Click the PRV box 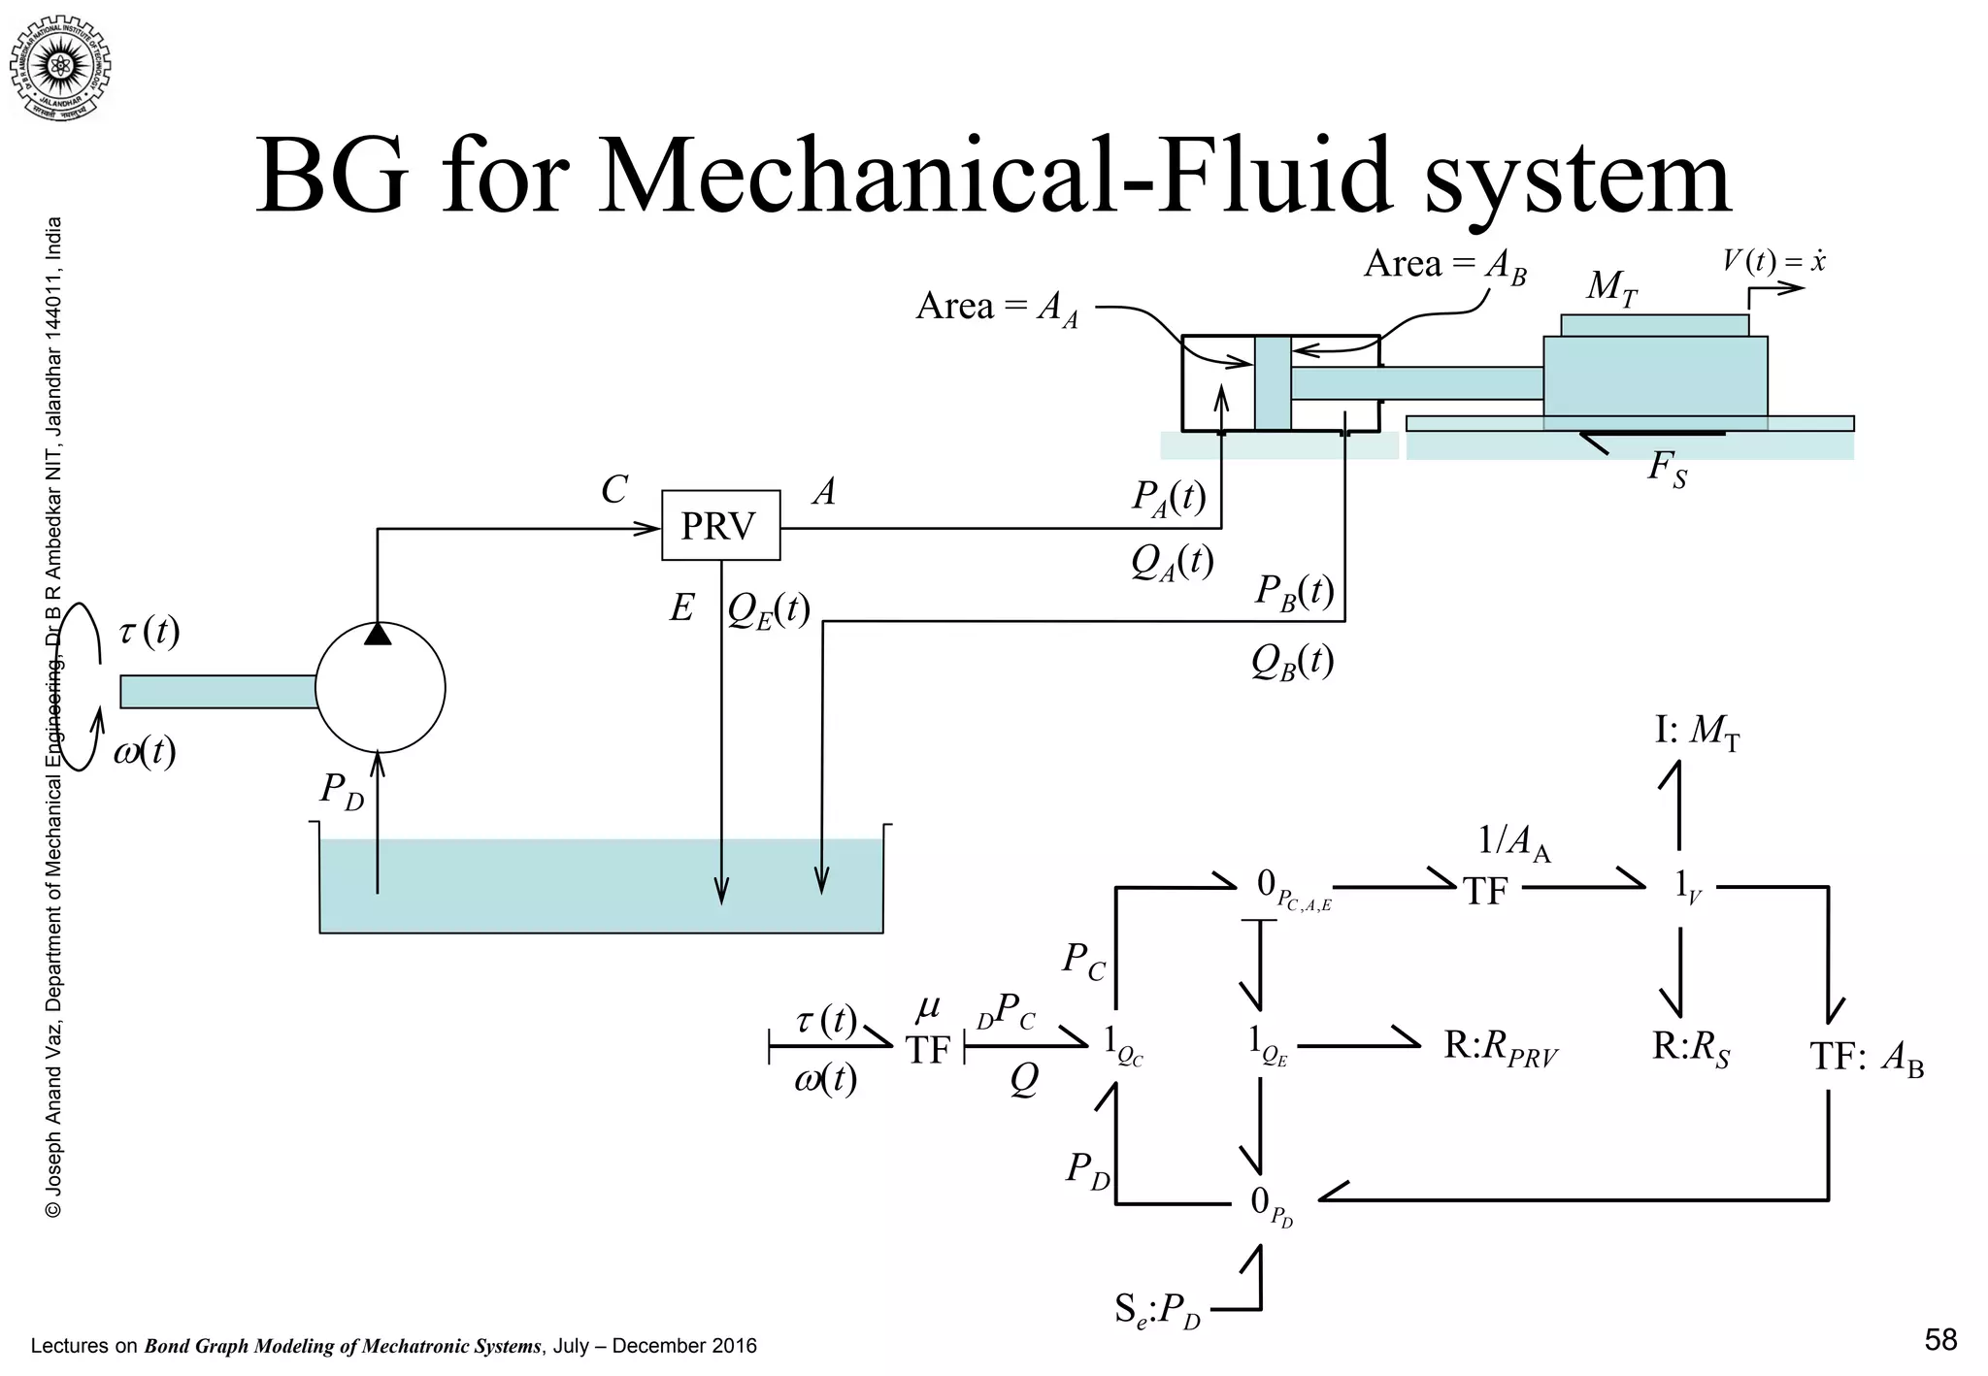tap(720, 525)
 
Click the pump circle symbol tap(380, 688)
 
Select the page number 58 tap(1939, 1340)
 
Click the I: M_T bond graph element tap(1696, 731)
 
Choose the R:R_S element tap(1691, 1048)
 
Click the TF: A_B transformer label tap(1866, 1056)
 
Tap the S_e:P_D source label tap(1157, 1311)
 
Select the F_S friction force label tap(1667, 470)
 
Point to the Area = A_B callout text tap(1444, 265)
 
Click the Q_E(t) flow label tap(768, 610)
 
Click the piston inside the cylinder tap(1272, 382)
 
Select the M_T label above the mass tap(1611, 287)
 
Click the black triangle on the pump tap(379, 634)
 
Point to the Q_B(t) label tap(1291, 662)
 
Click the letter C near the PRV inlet tap(613, 490)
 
